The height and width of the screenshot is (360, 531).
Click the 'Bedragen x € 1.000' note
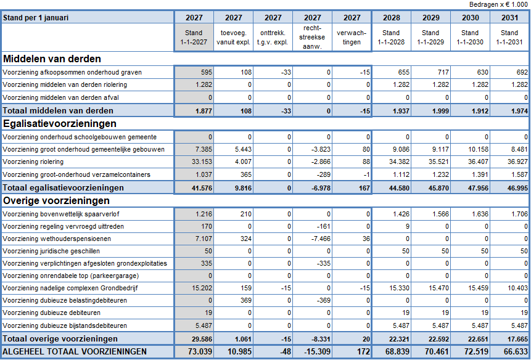coord(498,4)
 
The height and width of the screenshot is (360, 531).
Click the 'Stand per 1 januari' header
coord(36,18)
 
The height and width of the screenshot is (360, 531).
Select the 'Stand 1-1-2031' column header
coord(509,37)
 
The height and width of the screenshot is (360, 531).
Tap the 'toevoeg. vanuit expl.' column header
coord(233,37)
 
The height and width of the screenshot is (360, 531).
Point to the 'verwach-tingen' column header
coord(352,37)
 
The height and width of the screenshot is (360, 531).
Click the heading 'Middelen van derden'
coord(52,59)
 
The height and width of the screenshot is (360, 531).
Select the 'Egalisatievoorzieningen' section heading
coord(60,123)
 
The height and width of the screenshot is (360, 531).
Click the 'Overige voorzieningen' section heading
coord(56,200)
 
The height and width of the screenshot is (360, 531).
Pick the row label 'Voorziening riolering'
coord(33,162)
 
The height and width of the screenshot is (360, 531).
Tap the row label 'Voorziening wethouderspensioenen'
coord(57,239)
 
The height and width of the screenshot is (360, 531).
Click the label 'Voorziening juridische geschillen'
coord(51,251)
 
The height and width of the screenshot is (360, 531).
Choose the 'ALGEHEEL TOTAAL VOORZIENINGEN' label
coord(75,351)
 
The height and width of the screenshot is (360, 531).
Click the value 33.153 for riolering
coord(202,162)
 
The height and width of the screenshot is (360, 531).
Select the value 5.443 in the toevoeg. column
coord(243,149)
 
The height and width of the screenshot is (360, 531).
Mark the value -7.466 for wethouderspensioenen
coord(321,239)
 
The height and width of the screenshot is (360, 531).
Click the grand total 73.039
coord(200,351)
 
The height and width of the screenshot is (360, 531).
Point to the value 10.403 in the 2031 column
coord(518,288)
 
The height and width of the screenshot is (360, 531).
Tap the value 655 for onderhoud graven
coord(404,72)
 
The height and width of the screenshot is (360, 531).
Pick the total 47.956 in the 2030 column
coord(478,188)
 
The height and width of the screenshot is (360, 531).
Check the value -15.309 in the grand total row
coord(318,351)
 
